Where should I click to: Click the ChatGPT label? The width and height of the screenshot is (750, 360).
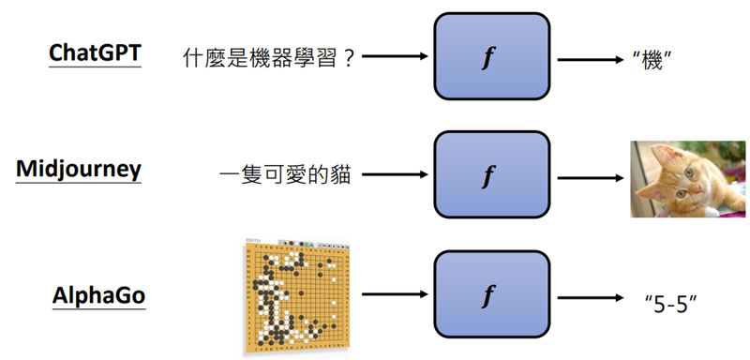(95, 52)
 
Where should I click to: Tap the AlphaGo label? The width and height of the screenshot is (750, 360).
(98, 297)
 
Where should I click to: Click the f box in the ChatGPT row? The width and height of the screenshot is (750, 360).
(487, 57)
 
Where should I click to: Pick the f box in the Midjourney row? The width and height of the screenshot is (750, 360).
(487, 175)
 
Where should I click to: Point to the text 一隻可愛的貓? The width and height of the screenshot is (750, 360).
(285, 175)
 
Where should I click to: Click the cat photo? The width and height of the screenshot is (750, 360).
(687, 178)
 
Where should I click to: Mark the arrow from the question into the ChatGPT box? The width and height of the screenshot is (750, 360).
(395, 57)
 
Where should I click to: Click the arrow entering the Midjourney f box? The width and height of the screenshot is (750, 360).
(395, 175)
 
